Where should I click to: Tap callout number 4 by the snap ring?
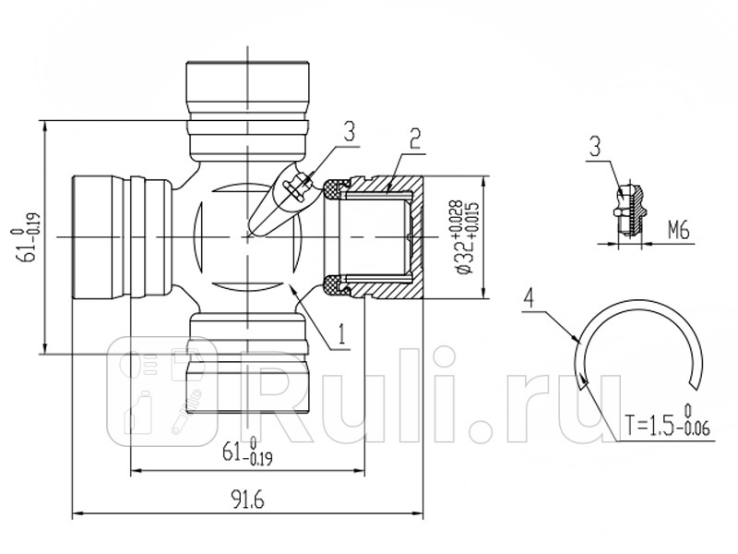tap(529, 297)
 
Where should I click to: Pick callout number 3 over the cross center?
tap(348, 131)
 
